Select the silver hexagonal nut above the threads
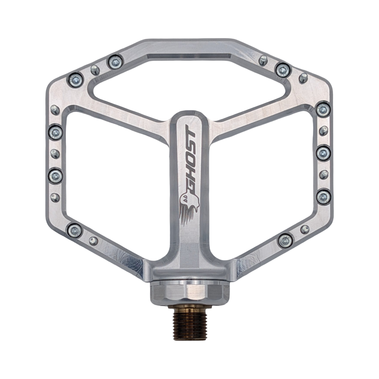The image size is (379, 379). [189, 291]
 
